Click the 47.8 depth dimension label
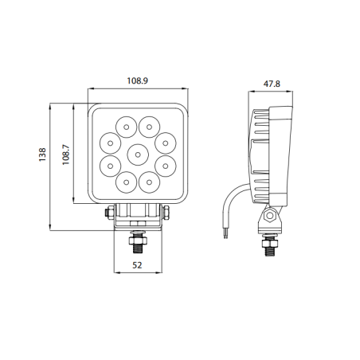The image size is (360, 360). (272, 82)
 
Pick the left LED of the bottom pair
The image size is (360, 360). (127, 181)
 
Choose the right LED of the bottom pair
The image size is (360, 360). (150, 181)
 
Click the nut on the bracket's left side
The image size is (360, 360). (108, 212)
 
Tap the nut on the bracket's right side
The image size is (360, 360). (168, 212)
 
